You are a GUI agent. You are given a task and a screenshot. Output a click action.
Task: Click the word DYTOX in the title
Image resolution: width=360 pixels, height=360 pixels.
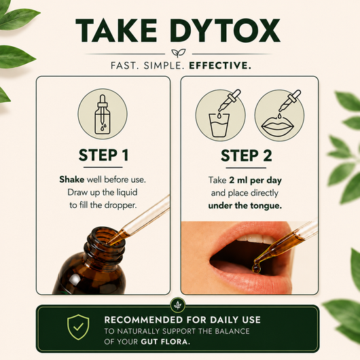(225, 31)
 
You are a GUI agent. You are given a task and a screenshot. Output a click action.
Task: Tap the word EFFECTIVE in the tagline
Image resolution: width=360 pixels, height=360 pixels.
(219, 66)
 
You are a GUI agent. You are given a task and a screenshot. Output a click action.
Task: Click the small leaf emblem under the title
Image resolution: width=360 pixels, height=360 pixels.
(179, 53)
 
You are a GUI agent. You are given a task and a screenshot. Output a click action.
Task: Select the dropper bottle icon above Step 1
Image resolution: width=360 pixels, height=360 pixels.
(103, 114)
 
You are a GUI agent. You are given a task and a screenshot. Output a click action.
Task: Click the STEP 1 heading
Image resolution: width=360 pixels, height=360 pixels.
(103, 155)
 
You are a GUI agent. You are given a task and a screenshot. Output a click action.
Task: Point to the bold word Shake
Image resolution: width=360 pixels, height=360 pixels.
(71, 179)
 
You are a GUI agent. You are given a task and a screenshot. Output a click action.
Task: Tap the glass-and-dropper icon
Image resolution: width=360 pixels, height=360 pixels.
(220, 115)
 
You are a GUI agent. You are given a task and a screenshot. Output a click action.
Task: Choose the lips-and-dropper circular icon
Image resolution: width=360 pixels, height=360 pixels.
(279, 115)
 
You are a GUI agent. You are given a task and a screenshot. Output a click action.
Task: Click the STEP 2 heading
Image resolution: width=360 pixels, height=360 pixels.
(247, 156)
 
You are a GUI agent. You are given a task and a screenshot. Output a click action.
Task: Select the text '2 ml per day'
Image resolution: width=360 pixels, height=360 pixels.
(255, 181)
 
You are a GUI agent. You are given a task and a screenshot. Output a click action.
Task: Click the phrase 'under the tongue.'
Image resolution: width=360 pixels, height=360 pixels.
(245, 206)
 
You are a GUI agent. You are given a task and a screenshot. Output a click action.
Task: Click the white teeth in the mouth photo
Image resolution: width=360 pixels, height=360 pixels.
(255, 239)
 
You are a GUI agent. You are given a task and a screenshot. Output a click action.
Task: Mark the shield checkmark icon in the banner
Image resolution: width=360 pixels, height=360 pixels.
(78, 327)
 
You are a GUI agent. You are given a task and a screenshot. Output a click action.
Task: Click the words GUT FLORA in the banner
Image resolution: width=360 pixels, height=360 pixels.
(166, 342)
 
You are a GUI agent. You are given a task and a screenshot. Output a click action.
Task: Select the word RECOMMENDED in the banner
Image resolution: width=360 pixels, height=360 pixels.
(143, 320)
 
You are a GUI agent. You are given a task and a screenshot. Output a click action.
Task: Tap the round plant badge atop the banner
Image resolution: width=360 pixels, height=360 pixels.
(178, 305)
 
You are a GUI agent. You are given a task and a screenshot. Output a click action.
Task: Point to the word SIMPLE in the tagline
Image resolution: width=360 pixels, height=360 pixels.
(164, 66)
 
